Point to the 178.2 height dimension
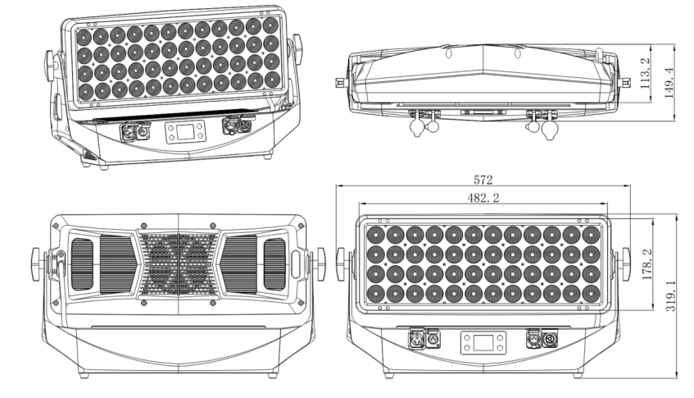[x=646, y=263]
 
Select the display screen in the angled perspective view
[x=180, y=132]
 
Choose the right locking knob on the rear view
[x=319, y=260]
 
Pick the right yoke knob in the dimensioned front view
[x=625, y=260]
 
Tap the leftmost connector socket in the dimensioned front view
[x=415, y=338]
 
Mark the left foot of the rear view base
[x=82, y=375]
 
